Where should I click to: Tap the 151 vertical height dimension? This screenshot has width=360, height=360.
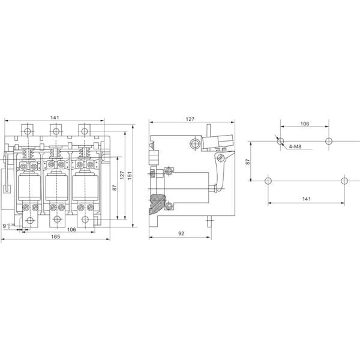point(131,174)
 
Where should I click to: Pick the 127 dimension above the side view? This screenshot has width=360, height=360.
point(190,119)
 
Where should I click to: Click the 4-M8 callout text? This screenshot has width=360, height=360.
point(295,147)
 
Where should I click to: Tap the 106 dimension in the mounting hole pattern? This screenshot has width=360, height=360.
point(304,124)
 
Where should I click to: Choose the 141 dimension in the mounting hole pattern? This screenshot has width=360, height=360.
point(306,198)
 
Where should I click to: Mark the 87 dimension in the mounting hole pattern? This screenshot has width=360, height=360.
point(248,161)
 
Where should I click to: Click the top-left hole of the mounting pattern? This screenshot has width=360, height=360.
point(280,142)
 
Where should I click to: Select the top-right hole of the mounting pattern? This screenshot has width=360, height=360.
point(328,142)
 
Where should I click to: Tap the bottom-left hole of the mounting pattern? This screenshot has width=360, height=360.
point(268,181)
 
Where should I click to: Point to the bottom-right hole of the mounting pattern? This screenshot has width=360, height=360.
point(344,181)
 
